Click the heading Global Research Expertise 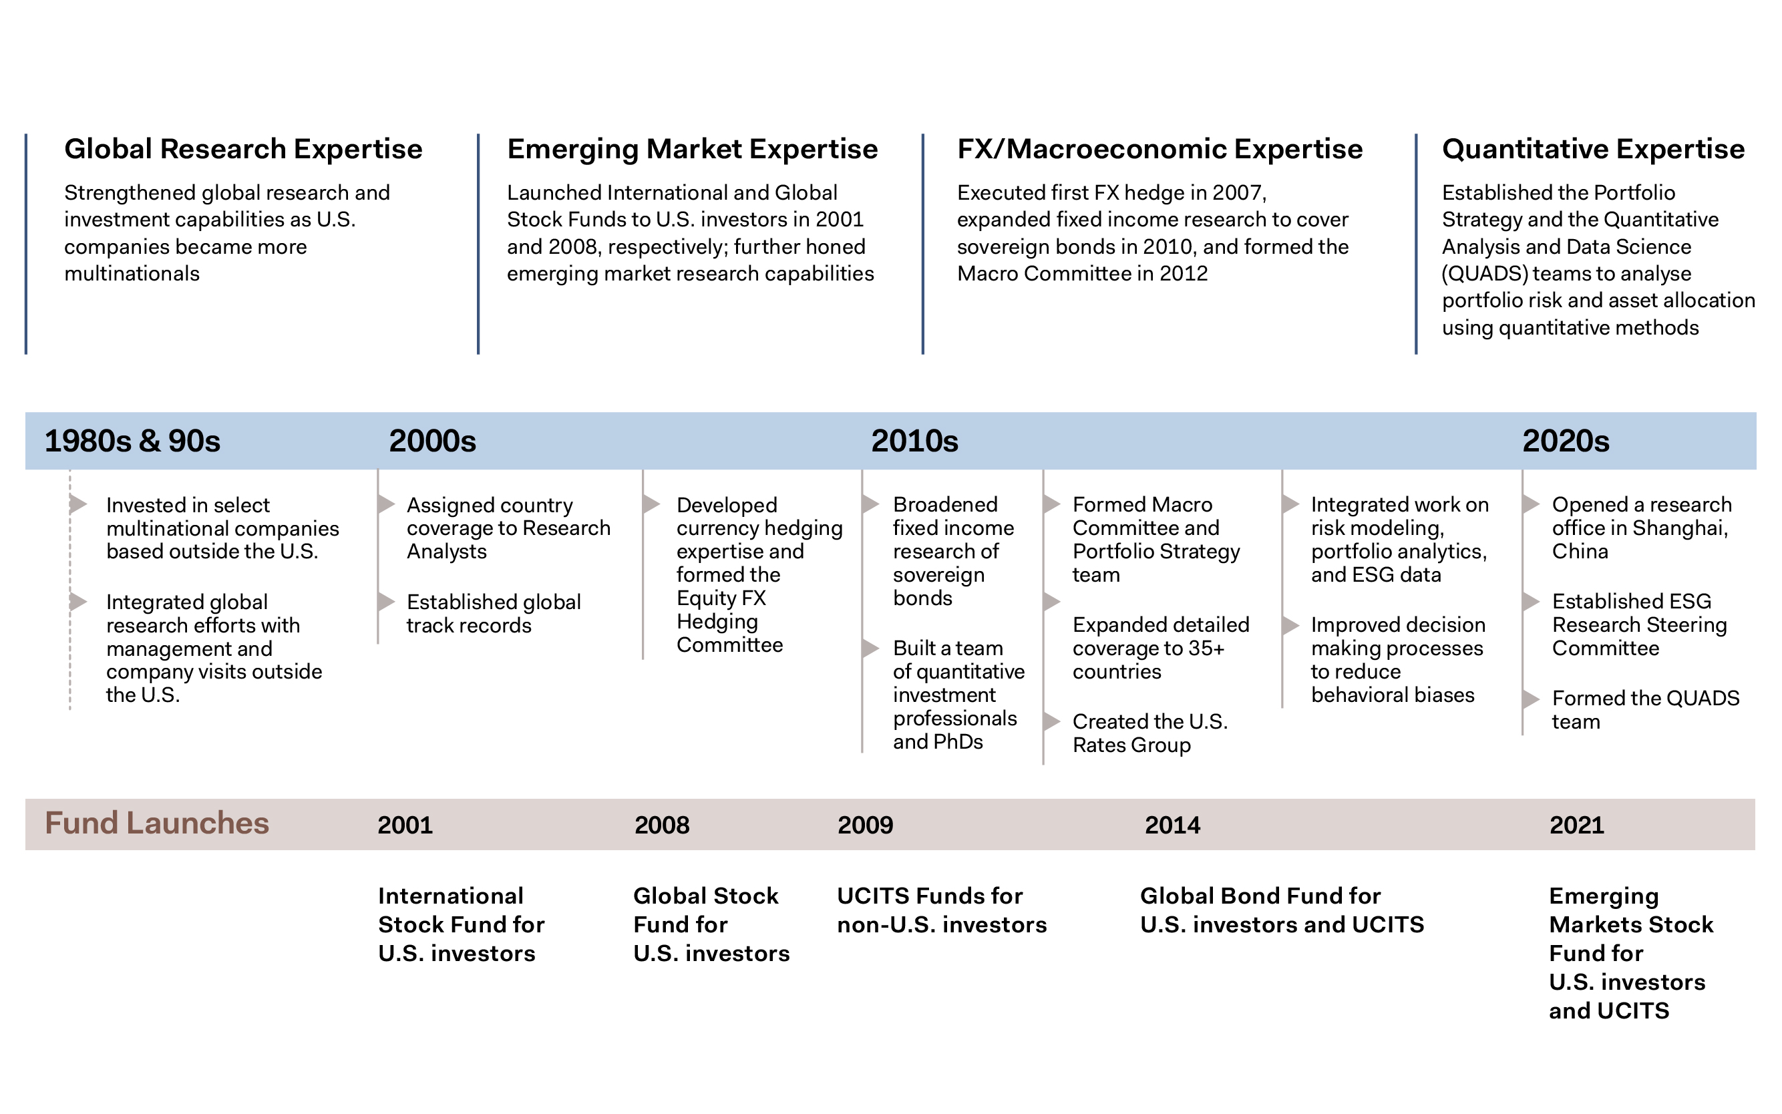point(243,149)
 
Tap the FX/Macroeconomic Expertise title point(1160,150)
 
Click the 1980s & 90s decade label point(133,441)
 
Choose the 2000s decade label point(432,441)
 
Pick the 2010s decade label point(914,441)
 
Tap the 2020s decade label point(1566,441)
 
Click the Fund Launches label point(157,823)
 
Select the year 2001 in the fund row point(405,824)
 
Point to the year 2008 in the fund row point(661,824)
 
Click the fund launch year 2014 point(1172,824)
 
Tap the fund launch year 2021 point(1576,824)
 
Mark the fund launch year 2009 point(865,824)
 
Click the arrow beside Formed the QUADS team point(1531,699)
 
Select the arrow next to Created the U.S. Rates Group point(1051,721)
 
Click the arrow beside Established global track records point(387,602)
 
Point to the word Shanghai point(1680,528)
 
